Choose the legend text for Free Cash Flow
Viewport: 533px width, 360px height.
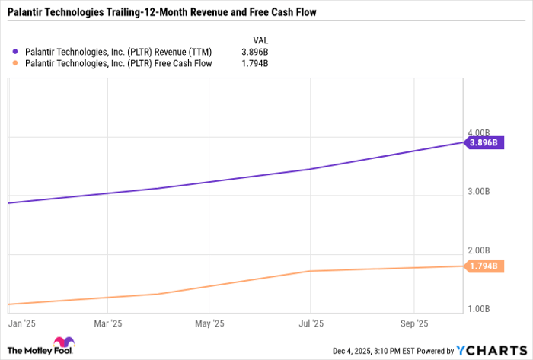pos(113,64)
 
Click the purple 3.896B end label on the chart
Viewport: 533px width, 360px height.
pos(484,142)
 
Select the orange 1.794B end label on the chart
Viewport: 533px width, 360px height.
pos(484,266)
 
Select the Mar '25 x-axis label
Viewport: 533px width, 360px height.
pos(107,323)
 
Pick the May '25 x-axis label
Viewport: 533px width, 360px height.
pos(209,323)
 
